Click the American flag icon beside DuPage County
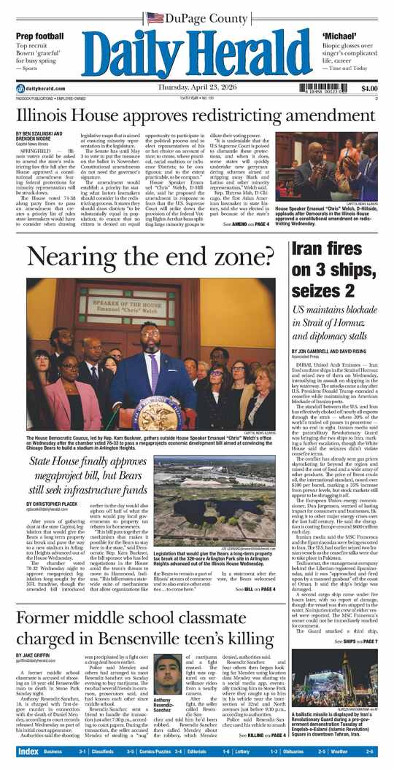coord(155,17)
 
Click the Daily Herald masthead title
coord(197,56)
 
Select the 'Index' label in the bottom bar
coord(28,751)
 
